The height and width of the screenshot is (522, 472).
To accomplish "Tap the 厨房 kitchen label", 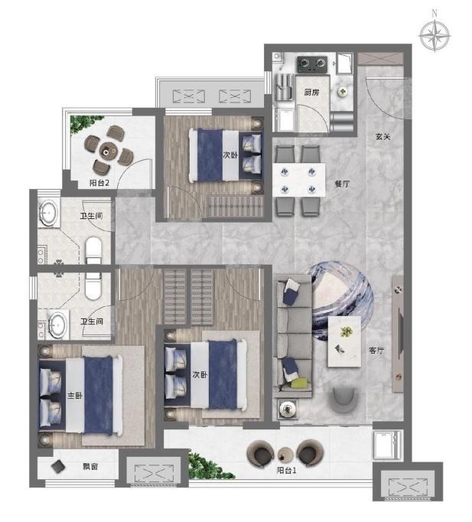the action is (x=311, y=92).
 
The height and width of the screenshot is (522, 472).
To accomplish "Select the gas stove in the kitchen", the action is (x=311, y=64).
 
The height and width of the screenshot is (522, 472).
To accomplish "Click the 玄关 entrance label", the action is (x=382, y=136).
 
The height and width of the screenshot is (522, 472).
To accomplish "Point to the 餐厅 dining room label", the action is (x=343, y=184).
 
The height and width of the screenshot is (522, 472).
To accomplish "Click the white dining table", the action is (x=298, y=180).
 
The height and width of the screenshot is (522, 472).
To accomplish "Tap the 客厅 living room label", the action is (x=376, y=351).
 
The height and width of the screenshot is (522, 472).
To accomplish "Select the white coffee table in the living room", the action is (x=344, y=341).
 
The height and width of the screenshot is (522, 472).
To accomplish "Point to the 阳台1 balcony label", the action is (x=286, y=471).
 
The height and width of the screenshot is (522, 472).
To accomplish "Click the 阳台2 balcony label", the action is (x=99, y=183).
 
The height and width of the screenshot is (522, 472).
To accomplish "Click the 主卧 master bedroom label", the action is (x=75, y=396).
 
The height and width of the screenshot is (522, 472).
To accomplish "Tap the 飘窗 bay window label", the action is (x=90, y=466).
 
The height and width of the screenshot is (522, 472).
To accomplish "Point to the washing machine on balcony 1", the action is (x=387, y=445).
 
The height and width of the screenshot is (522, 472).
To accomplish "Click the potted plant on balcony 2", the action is (x=85, y=123).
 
